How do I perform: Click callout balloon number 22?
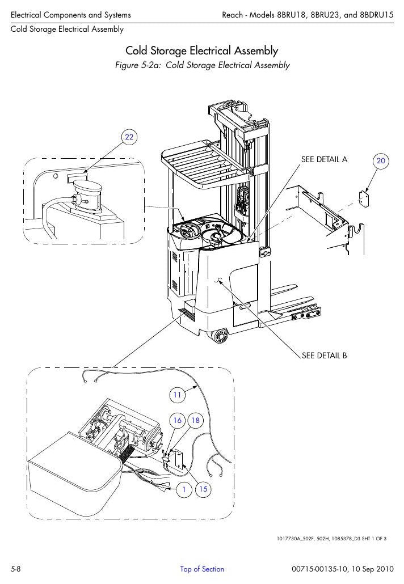(x=129, y=137)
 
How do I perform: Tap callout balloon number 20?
(x=381, y=161)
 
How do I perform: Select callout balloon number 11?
(x=177, y=395)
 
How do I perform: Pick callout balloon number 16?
(x=178, y=421)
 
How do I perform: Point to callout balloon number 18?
(x=195, y=421)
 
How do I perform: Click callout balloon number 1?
(x=184, y=489)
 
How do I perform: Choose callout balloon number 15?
(x=203, y=489)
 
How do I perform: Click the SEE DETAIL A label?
(x=324, y=159)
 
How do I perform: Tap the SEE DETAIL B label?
(x=324, y=356)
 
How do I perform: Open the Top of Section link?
(x=202, y=569)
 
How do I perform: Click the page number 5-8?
(x=16, y=569)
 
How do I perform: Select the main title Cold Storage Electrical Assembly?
(x=201, y=50)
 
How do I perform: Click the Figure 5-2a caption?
(x=202, y=65)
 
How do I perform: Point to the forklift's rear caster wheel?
(x=220, y=336)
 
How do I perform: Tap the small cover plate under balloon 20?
(x=363, y=199)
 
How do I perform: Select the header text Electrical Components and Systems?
(x=71, y=15)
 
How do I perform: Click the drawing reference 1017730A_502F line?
(x=331, y=539)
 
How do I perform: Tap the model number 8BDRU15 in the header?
(x=376, y=15)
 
